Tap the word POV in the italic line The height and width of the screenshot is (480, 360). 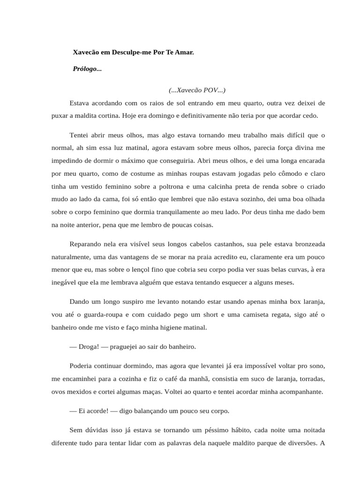(211, 90)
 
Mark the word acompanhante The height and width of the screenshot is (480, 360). (302, 392)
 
